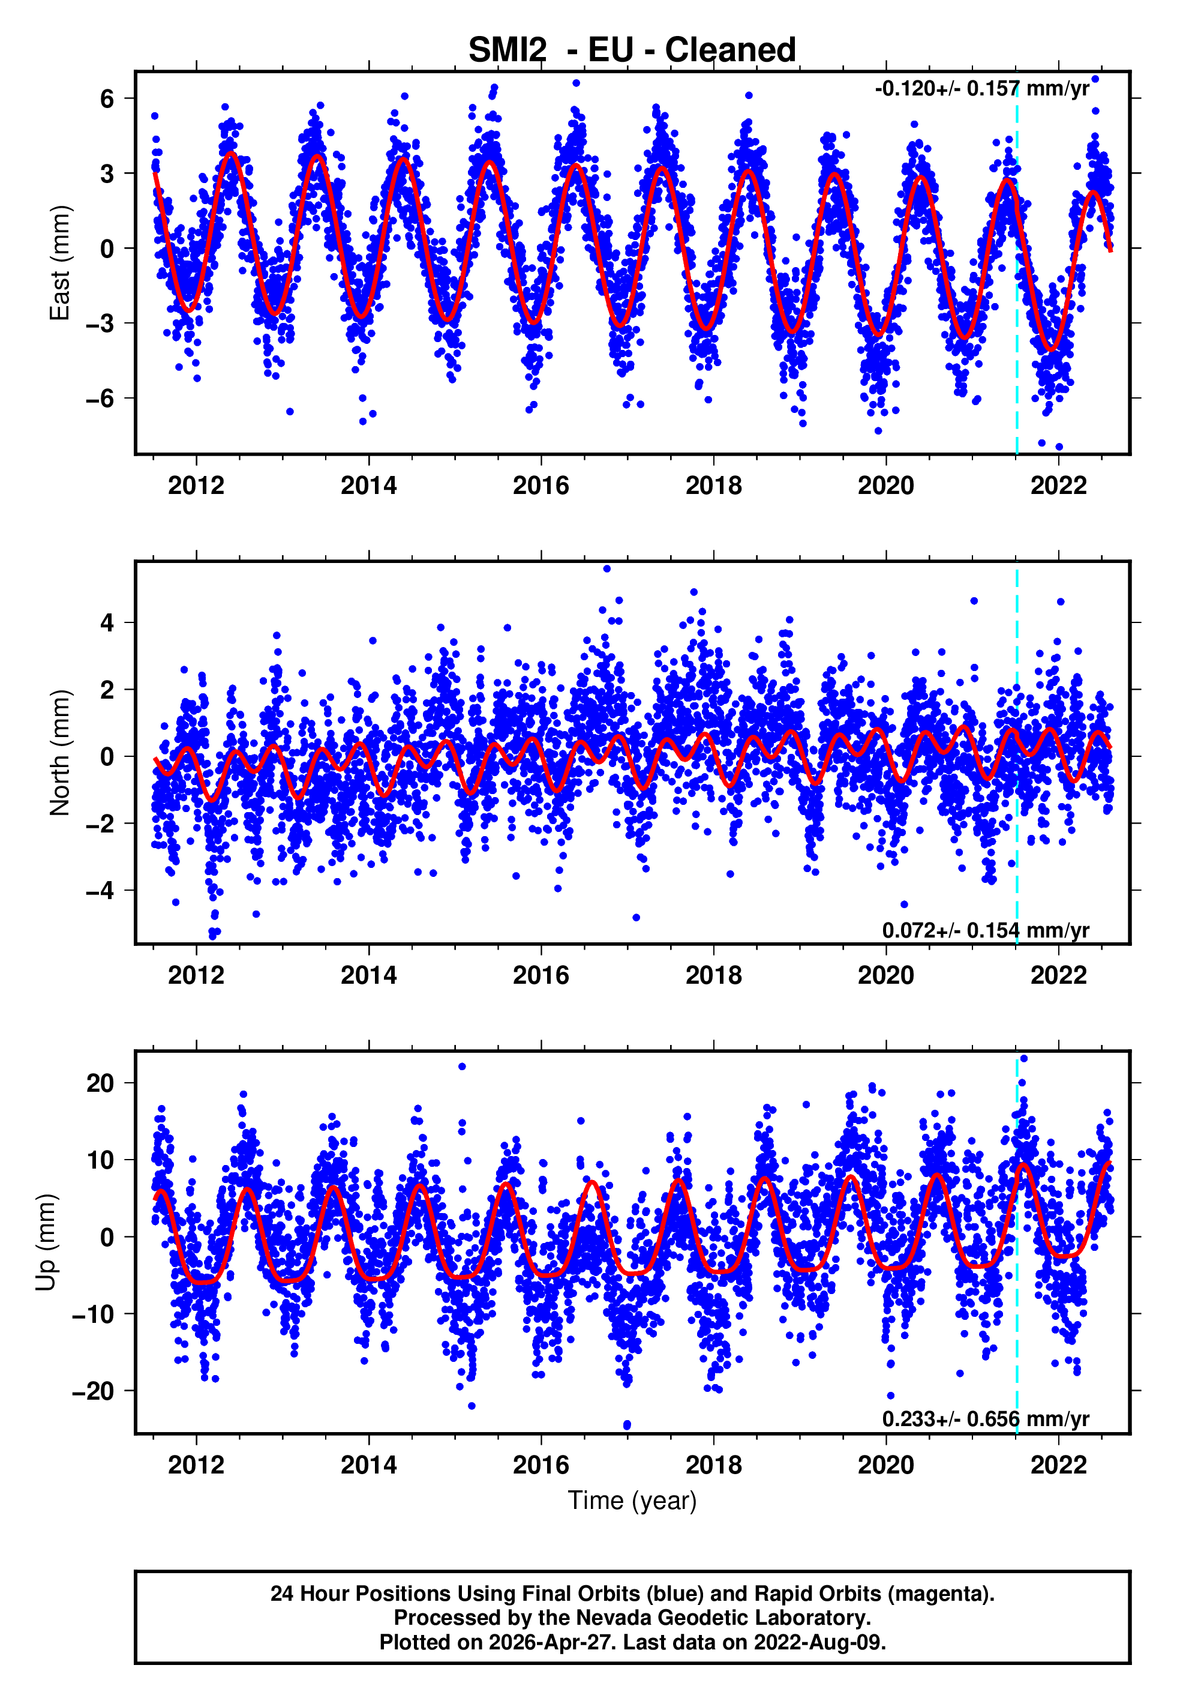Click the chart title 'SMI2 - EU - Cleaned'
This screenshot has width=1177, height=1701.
(632, 50)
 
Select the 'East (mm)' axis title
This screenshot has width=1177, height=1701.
(59, 263)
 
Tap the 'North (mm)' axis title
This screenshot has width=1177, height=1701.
(59, 753)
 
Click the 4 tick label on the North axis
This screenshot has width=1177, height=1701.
(107, 622)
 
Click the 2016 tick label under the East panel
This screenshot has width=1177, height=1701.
(541, 486)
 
